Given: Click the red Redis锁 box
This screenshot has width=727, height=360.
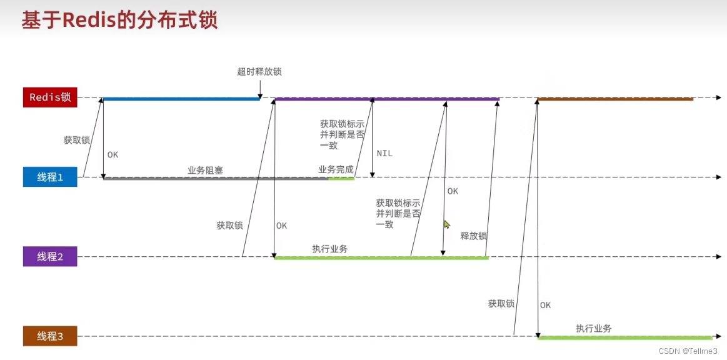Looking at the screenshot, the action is (50, 97).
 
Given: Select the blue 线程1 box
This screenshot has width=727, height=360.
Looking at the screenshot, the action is (50, 177).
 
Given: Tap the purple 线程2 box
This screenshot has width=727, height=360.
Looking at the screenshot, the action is (50, 256).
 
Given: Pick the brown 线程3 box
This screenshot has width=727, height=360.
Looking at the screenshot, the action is (50, 336).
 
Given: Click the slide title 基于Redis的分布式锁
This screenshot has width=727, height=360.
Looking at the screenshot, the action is (119, 20).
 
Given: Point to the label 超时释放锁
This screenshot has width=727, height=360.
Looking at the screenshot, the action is (259, 72).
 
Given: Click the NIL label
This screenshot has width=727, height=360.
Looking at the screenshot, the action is (384, 153).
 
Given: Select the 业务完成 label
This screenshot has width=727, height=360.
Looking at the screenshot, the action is (336, 169).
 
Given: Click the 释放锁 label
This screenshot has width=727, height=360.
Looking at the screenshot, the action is (473, 236).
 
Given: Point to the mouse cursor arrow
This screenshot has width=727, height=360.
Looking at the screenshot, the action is (446, 223).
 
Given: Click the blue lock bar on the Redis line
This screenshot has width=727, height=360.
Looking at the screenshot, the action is (181, 99).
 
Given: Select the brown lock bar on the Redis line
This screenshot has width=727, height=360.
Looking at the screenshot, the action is (615, 99).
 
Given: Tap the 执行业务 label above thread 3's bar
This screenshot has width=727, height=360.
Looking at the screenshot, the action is (593, 329).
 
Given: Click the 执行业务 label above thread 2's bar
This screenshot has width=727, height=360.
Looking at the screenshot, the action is (330, 249).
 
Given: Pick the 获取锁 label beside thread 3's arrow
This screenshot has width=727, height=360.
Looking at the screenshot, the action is (501, 304).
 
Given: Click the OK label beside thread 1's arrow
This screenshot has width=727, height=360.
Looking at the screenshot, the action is (113, 154).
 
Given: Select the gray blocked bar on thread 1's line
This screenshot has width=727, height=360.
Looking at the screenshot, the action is (216, 178).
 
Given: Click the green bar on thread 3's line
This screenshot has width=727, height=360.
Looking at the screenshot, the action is (624, 337).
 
